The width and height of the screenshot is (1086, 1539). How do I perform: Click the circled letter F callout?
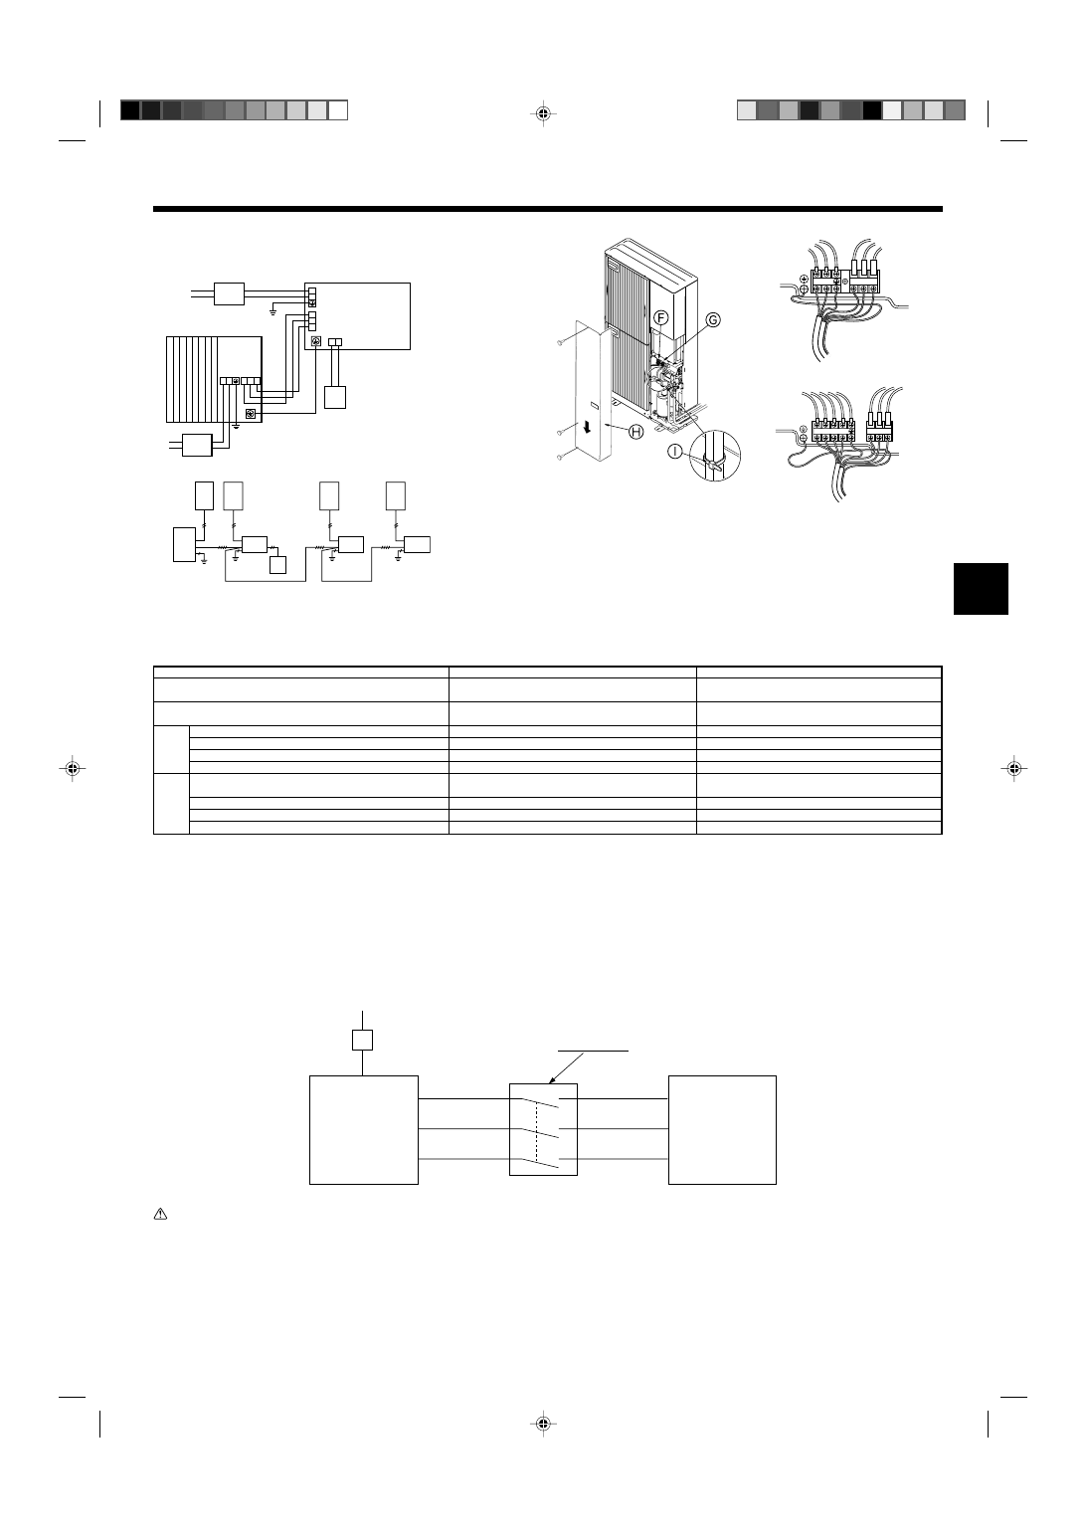[660, 318]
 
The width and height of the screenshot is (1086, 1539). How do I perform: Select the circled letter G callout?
[713, 320]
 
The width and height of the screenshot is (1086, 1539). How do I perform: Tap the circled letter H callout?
[636, 432]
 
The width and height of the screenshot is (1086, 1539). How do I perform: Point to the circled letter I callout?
[675, 452]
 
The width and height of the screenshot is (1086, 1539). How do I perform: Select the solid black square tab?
[981, 589]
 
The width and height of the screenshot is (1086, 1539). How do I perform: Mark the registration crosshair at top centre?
[543, 113]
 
